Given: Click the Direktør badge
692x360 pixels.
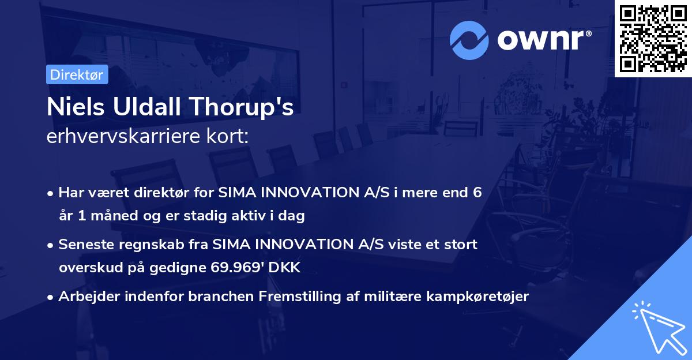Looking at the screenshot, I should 77,74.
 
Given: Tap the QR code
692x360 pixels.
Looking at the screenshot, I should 653,38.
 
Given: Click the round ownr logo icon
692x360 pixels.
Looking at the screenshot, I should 469,40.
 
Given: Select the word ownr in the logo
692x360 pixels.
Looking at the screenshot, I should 543,40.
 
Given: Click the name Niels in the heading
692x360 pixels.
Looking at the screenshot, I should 74,107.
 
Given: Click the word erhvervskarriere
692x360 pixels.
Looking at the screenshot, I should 121,137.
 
